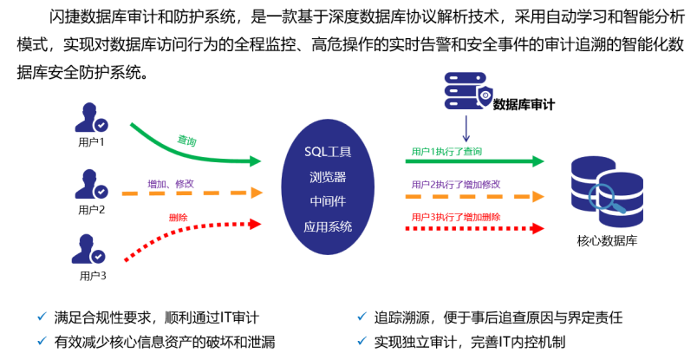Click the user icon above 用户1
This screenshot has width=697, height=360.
click(90, 119)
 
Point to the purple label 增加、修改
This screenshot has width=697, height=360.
click(171, 184)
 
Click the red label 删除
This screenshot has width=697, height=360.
click(178, 217)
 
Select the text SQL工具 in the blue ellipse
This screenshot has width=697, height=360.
click(328, 151)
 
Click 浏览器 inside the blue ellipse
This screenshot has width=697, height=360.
click(328, 176)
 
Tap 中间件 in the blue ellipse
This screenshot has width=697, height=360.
click(328, 201)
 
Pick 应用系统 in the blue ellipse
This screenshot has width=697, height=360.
click(328, 227)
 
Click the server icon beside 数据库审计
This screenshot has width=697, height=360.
click(466, 91)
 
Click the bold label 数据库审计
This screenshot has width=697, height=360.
click(524, 105)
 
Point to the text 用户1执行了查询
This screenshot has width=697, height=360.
click(446, 151)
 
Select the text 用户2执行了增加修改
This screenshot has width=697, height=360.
click(456, 184)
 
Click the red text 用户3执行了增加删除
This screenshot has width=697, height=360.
click(456, 216)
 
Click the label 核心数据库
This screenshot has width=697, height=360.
click(607, 240)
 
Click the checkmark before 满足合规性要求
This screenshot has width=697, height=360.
click(42, 317)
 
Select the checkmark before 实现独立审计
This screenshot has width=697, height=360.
click(361, 342)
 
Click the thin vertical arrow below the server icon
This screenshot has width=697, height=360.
click(466, 128)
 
